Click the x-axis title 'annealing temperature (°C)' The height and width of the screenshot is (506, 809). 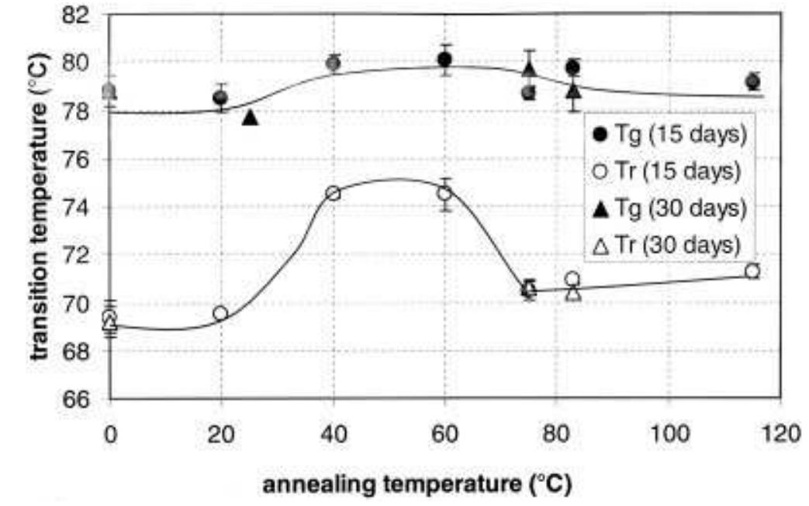click(x=418, y=485)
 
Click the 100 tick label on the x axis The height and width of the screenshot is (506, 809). click(x=667, y=432)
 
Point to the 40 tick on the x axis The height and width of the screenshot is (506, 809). click(x=333, y=432)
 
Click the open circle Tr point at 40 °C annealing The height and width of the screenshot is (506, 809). click(x=334, y=193)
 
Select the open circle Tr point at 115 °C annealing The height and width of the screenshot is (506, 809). click(x=752, y=271)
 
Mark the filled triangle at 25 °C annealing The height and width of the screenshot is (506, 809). click(x=250, y=117)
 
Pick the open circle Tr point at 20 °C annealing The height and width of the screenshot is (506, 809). click(x=221, y=313)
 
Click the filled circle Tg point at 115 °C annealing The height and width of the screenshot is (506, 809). click(x=752, y=81)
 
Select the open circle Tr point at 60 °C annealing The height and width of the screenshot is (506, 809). click(x=444, y=193)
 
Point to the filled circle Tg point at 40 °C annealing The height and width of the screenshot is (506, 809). click(x=334, y=64)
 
